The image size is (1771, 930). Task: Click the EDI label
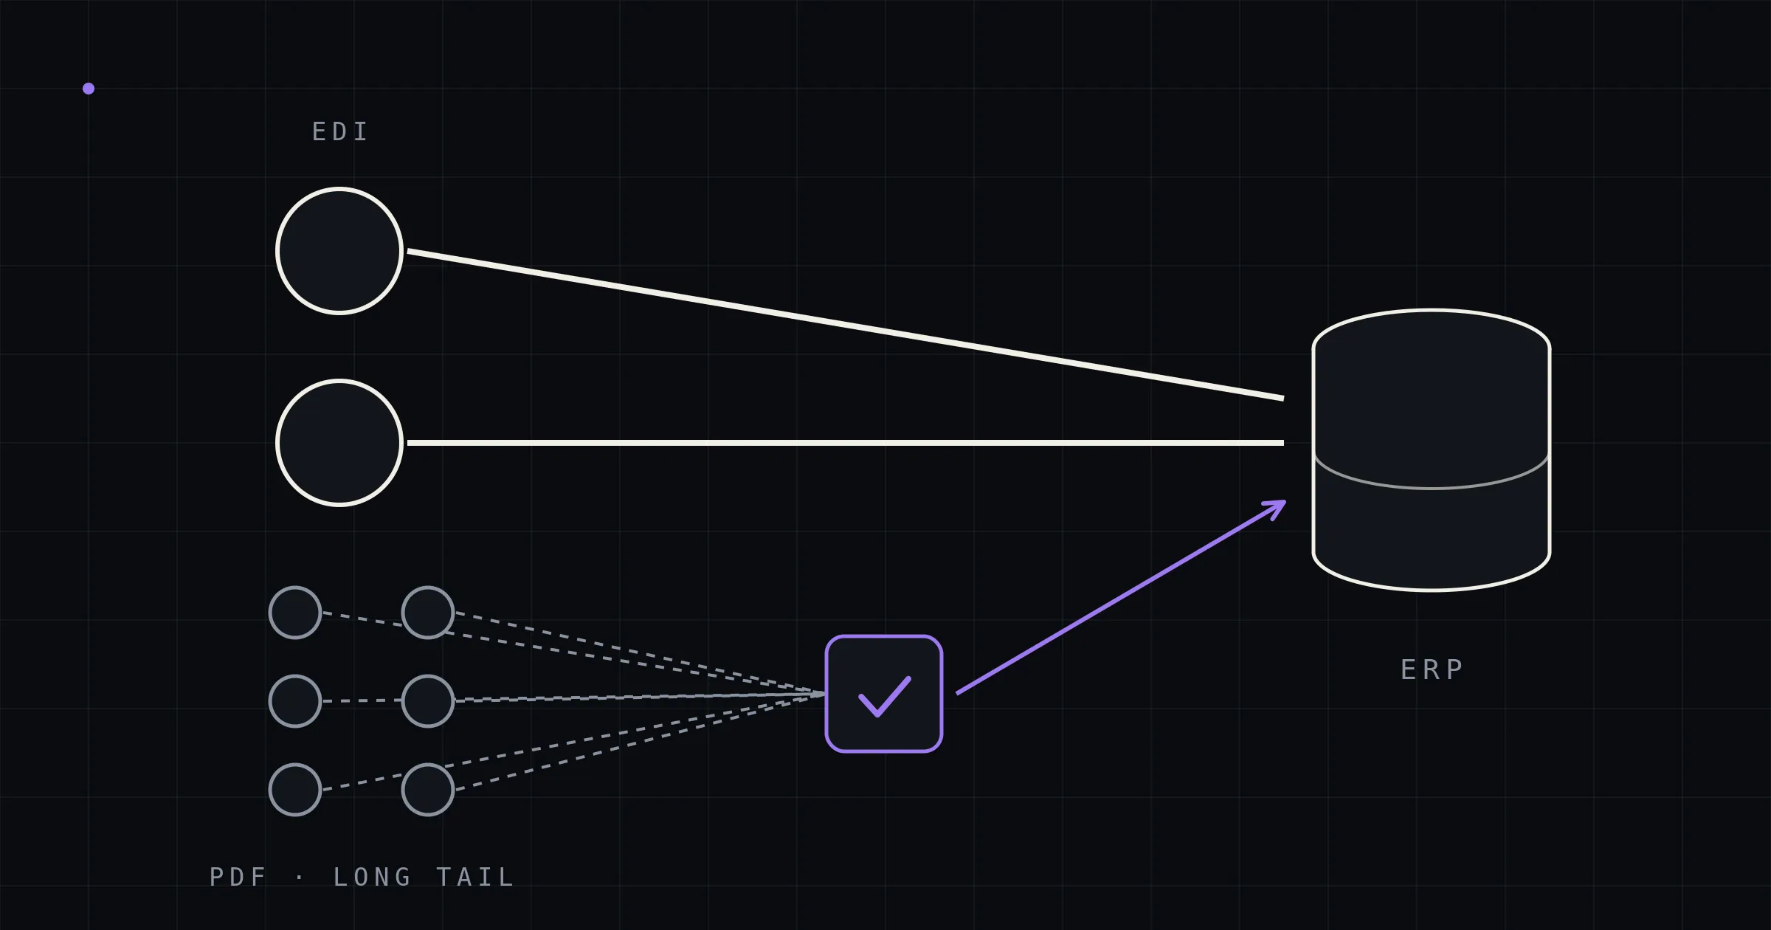[340, 132]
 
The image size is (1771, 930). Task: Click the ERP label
[1432, 669]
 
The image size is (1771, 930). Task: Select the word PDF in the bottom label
[238, 877]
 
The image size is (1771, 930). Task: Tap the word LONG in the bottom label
[372, 877]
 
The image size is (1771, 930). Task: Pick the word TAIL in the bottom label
[475, 877]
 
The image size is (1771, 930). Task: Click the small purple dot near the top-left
[89, 89]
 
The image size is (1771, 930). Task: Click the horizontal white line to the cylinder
[846, 443]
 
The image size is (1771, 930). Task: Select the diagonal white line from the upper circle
[846, 325]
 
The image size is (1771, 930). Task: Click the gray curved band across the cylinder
[1432, 488]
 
